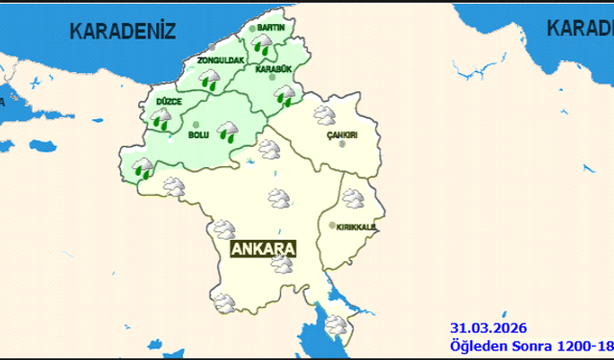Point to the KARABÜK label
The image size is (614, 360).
tap(274, 69)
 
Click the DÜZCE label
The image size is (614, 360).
tap(168, 101)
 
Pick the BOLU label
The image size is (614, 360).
tap(199, 135)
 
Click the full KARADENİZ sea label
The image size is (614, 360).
tap(124, 30)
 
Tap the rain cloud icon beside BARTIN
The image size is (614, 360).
tap(261, 44)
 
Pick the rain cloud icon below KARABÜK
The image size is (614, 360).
tap(284, 94)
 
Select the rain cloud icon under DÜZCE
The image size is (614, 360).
tap(160, 119)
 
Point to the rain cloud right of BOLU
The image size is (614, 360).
tap(227, 132)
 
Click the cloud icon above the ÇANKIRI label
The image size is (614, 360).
tap(323, 117)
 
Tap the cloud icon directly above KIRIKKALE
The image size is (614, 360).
tap(353, 199)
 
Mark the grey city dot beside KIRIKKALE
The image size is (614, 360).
tap(332, 227)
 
